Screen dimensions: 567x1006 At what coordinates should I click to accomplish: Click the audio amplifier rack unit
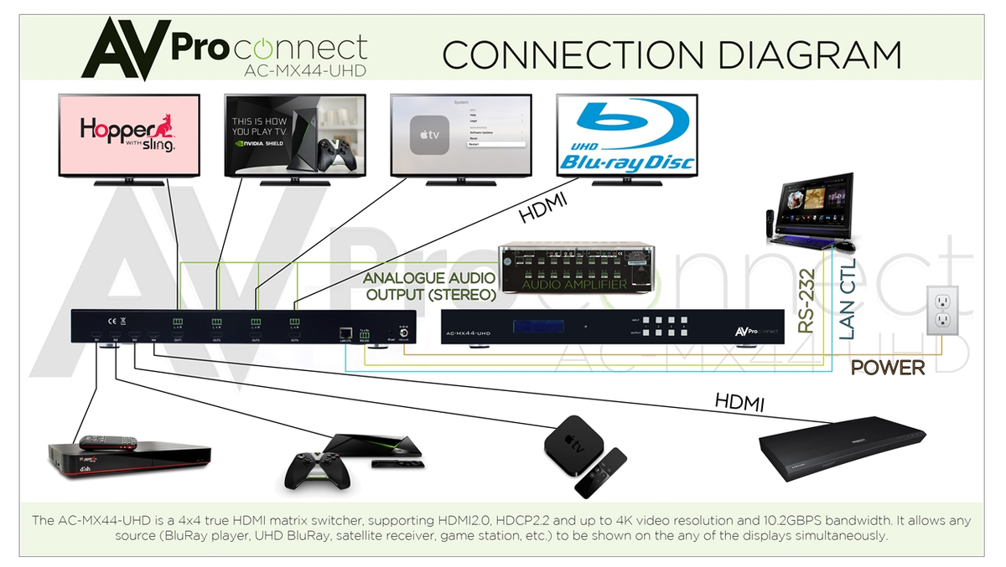click(575, 268)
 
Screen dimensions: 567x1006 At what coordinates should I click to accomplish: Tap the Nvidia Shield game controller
click(312, 468)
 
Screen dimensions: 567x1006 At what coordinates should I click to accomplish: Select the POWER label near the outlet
click(888, 368)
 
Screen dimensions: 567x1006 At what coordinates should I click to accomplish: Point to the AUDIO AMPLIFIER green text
click(574, 286)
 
